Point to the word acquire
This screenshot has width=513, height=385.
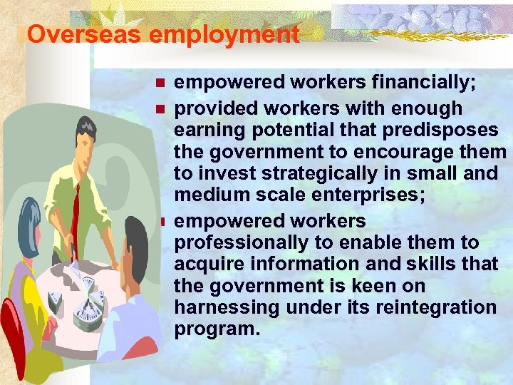[207, 264]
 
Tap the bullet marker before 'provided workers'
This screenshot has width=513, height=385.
[161, 109]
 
